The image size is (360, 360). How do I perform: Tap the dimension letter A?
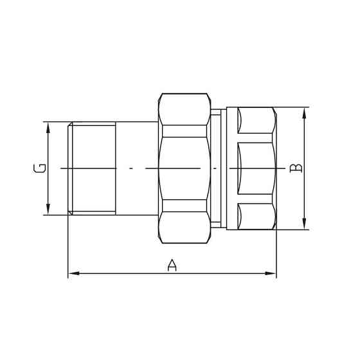(172, 265)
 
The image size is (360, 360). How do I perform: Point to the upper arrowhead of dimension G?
(48, 126)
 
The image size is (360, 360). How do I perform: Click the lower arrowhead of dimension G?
(48, 210)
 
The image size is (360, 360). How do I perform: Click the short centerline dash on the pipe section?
(130, 168)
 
